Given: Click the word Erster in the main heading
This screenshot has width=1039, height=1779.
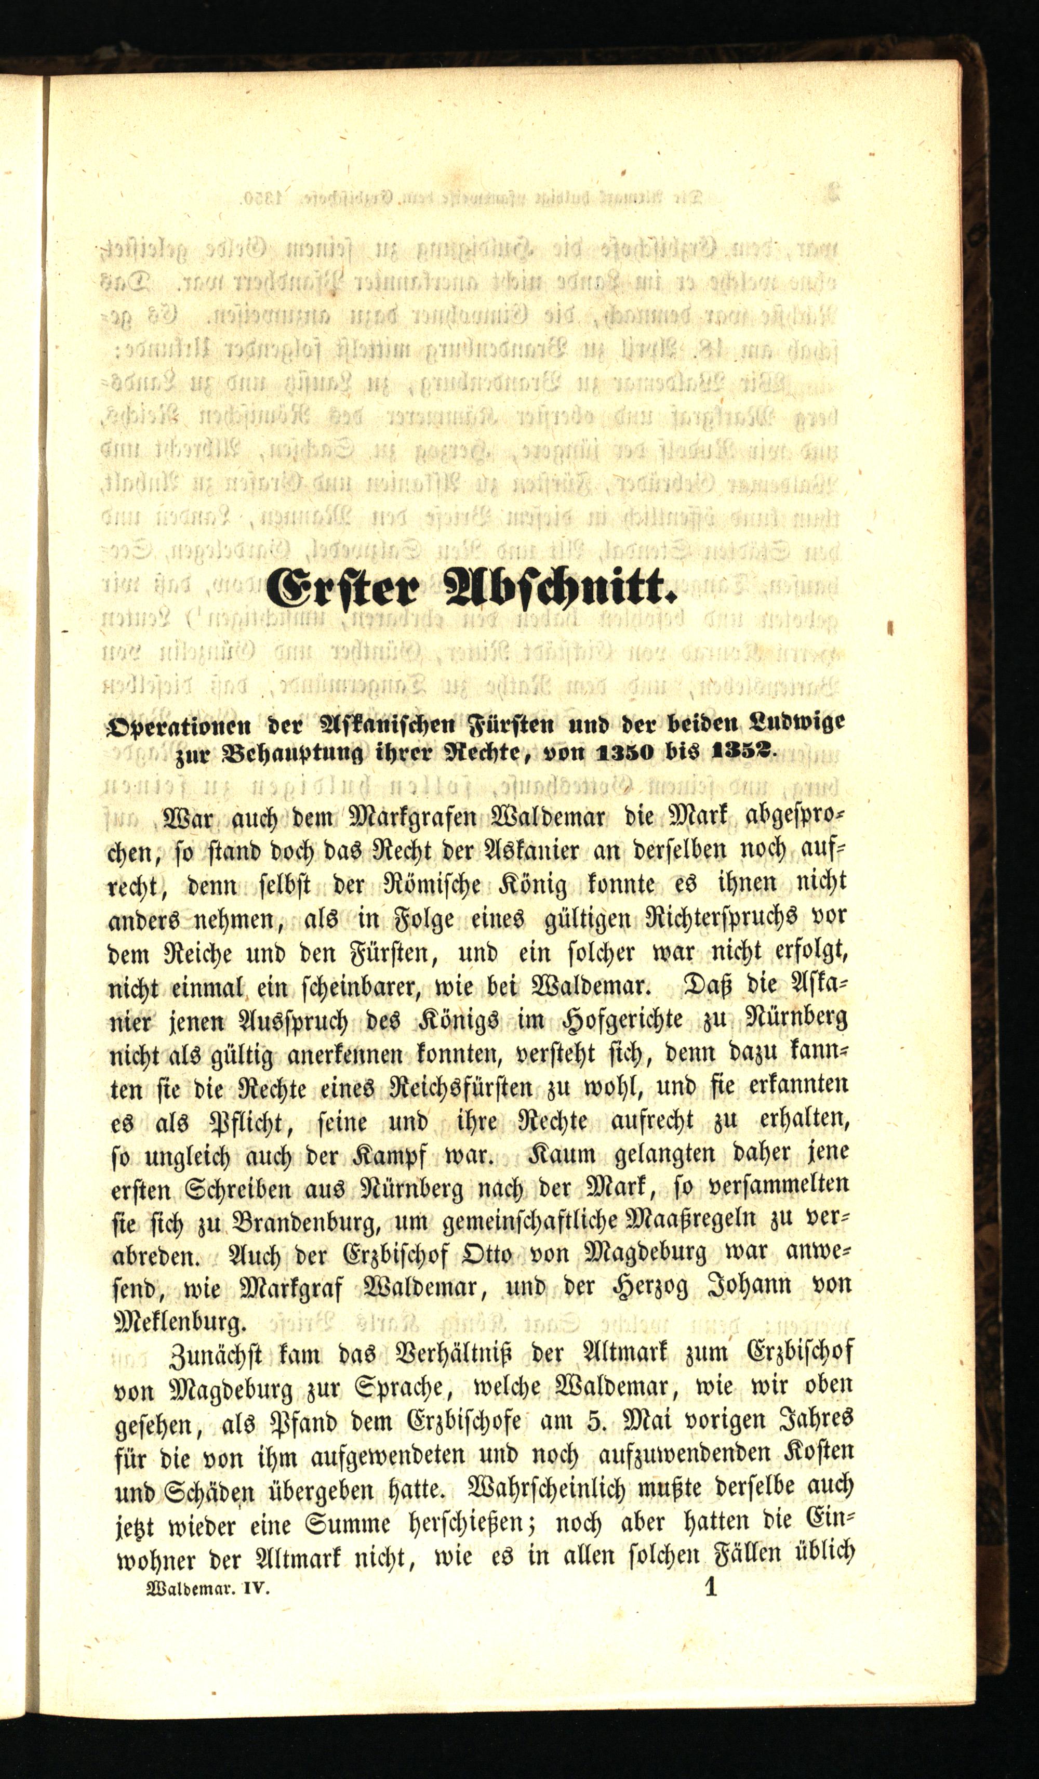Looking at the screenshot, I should pos(347,588).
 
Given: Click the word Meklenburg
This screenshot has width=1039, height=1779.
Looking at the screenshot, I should pos(179,1320).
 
